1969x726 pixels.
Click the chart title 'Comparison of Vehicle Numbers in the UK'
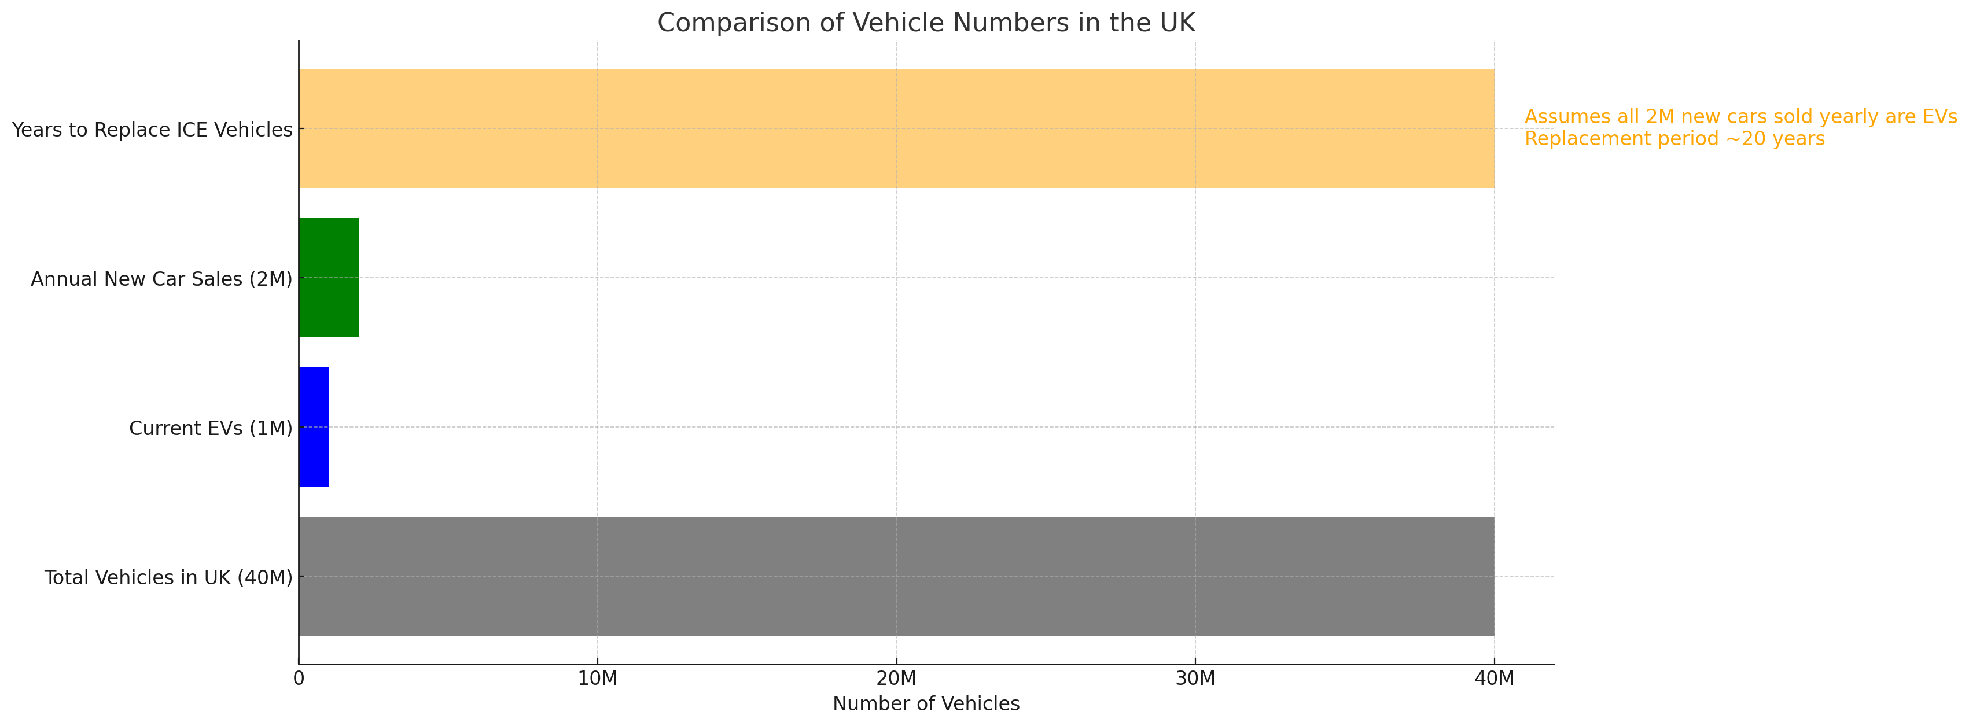point(926,23)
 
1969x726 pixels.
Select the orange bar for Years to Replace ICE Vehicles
point(896,128)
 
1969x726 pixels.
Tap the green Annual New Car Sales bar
point(329,278)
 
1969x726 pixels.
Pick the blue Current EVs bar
point(314,426)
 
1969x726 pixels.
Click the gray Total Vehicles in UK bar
point(896,576)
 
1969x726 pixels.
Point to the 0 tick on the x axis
point(299,679)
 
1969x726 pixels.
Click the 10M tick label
point(597,679)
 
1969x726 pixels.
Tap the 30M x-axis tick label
point(1195,679)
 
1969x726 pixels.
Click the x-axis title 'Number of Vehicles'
point(926,704)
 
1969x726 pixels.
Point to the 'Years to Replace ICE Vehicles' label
point(152,130)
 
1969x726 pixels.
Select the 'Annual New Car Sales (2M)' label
point(161,279)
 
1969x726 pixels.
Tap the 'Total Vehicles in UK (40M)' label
point(168,577)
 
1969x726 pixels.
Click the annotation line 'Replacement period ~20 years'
point(1674,139)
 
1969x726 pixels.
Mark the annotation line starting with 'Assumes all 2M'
point(1740,117)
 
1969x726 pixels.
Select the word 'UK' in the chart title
point(1177,23)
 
